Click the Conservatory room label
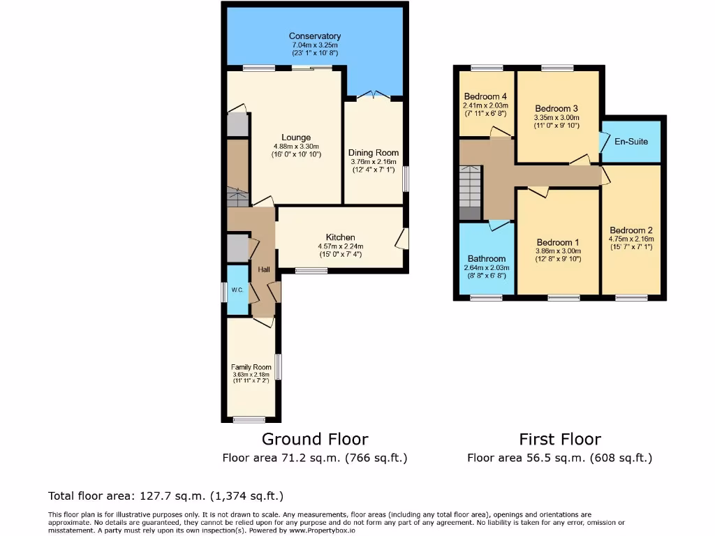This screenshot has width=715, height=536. pyautogui.click(x=315, y=36)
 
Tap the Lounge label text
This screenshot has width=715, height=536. pyautogui.click(x=296, y=137)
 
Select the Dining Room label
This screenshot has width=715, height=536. pyautogui.click(x=374, y=153)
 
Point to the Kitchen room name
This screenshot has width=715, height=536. pyautogui.click(x=340, y=237)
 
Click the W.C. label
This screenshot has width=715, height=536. pyautogui.click(x=237, y=290)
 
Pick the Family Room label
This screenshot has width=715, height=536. pyautogui.click(x=251, y=367)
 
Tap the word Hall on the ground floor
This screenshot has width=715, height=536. pyautogui.click(x=264, y=270)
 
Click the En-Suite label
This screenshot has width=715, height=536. pyautogui.click(x=631, y=142)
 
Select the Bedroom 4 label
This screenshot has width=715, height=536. pyautogui.click(x=485, y=96)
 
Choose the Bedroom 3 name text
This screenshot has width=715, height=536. pyautogui.click(x=556, y=108)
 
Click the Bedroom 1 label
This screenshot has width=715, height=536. pyautogui.click(x=557, y=242)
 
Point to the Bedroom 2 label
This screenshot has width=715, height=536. pyautogui.click(x=631, y=231)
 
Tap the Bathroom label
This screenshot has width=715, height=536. pyautogui.click(x=487, y=258)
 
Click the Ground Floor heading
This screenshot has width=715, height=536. pyautogui.click(x=315, y=439)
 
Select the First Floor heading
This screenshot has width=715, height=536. pyautogui.click(x=559, y=439)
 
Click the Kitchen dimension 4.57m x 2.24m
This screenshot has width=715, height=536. pyautogui.click(x=340, y=246)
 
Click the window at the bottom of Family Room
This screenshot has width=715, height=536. pyautogui.click(x=249, y=419)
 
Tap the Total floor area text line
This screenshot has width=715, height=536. pyautogui.click(x=165, y=496)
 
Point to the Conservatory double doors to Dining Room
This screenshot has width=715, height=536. pyautogui.click(x=374, y=94)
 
